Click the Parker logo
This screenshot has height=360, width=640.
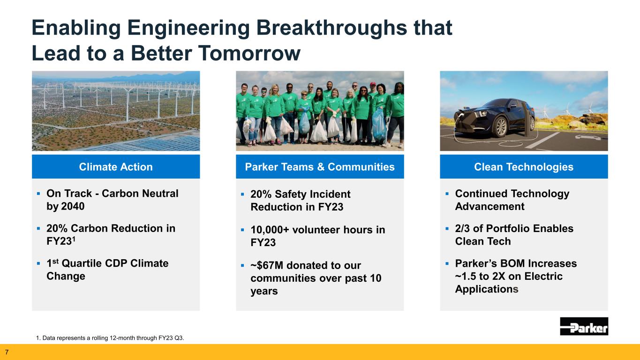coord(584,326)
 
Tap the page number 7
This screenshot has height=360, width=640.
coord(7,352)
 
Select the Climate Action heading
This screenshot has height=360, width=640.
coord(116,167)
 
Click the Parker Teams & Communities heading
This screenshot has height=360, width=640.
coord(320,167)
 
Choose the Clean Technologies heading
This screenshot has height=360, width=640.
coord(524,167)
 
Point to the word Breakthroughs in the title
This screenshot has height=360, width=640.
coord(331,28)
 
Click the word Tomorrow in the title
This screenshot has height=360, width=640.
coord(249,53)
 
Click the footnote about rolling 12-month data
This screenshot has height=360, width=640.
coord(110,338)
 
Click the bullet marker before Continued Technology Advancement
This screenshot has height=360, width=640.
coord(447,194)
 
